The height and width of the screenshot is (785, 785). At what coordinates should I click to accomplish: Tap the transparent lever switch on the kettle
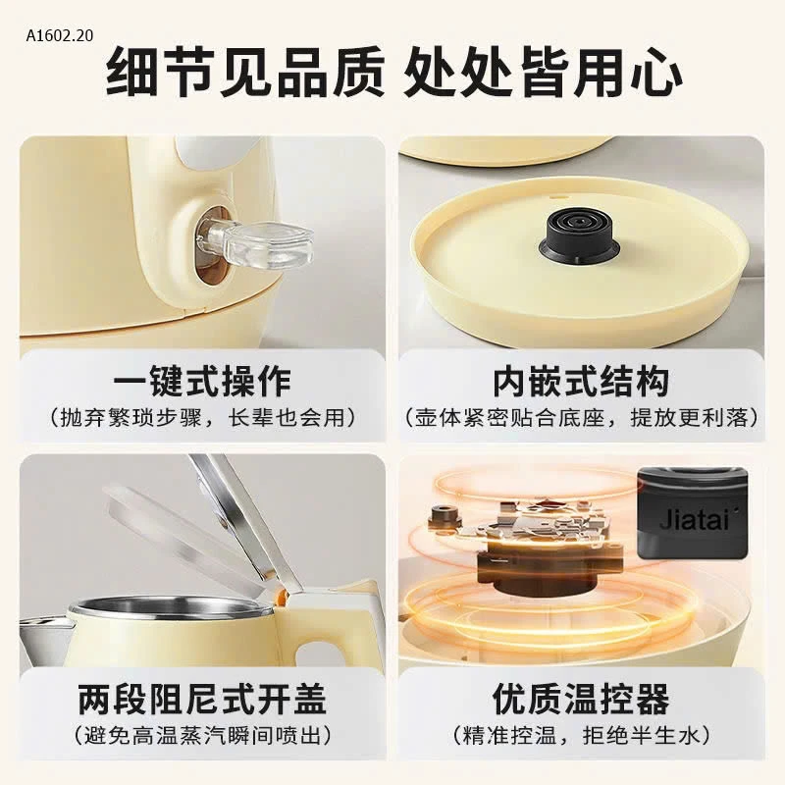(254, 244)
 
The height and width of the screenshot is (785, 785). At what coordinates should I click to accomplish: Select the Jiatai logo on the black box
(694, 521)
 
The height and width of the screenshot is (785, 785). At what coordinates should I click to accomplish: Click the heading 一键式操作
(202, 381)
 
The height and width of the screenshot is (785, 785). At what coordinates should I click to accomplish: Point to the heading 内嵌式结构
(581, 381)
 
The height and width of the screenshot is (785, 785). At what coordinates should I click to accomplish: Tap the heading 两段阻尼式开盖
(202, 699)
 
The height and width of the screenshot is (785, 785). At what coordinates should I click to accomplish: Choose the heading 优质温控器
(581, 699)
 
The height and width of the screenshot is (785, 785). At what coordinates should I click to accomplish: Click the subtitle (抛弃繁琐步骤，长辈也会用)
(203, 417)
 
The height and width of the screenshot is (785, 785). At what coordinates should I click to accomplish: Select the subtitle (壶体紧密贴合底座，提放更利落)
(581, 417)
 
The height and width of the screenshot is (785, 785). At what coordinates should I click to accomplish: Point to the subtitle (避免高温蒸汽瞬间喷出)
(202, 735)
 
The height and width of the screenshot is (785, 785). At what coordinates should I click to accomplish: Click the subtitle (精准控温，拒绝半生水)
(581, 735)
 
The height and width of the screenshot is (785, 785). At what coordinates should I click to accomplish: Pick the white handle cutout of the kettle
(321, 654)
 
